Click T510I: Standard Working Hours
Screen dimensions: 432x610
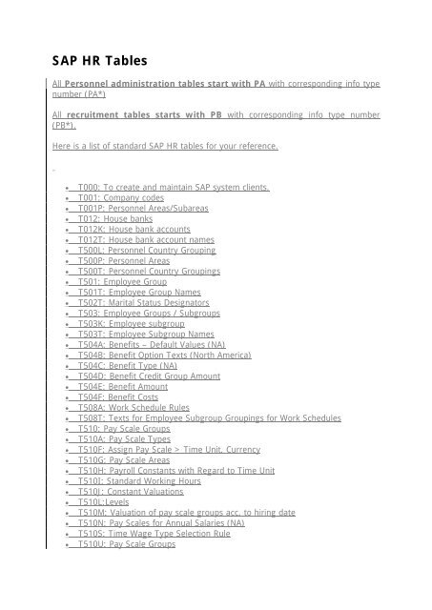140,481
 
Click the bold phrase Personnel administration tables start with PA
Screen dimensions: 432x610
155,85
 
